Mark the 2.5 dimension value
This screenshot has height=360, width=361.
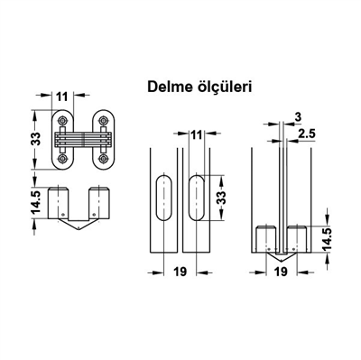[305, 134]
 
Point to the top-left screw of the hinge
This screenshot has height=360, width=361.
[63, 118]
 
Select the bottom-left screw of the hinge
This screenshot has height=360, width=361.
[63, 161]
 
